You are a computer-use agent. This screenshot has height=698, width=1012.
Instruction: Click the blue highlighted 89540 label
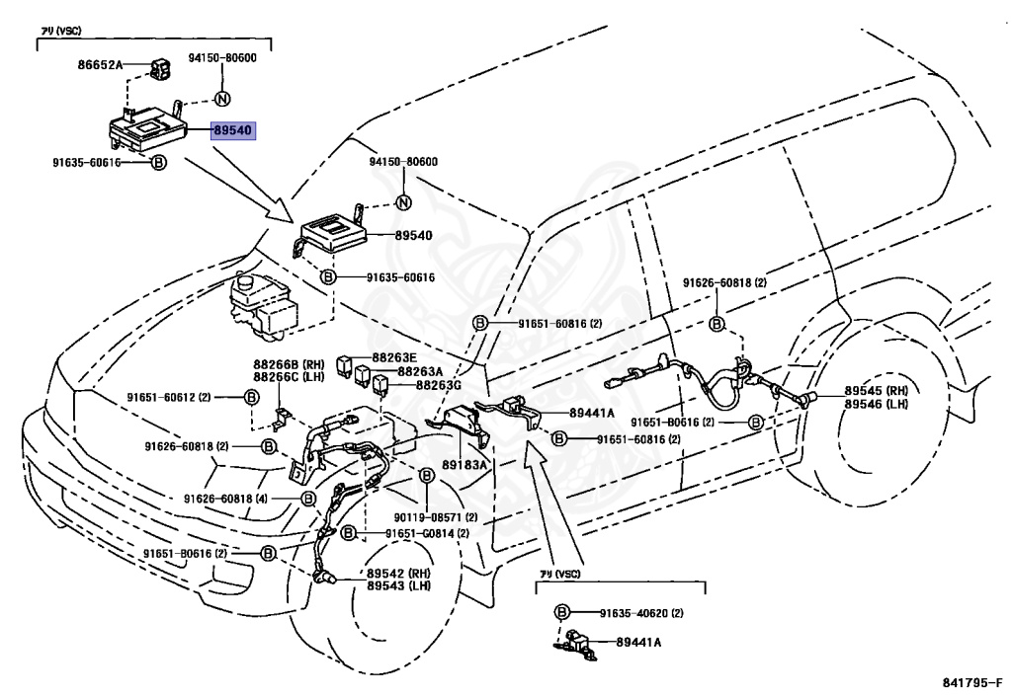pos(233,129)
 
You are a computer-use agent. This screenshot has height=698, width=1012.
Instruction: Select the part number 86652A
pos(101,65)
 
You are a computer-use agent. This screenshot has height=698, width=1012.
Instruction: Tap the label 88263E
pos(394,356)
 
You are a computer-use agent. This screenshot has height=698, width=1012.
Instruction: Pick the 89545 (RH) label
pos(875,391)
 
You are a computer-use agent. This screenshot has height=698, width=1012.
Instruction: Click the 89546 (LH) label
pos(875,404)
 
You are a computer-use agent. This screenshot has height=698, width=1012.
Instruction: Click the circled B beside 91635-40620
pos(562,612)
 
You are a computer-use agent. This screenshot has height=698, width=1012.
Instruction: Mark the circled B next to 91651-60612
pos(251,397)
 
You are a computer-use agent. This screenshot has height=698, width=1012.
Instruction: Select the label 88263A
pos(420,371)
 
